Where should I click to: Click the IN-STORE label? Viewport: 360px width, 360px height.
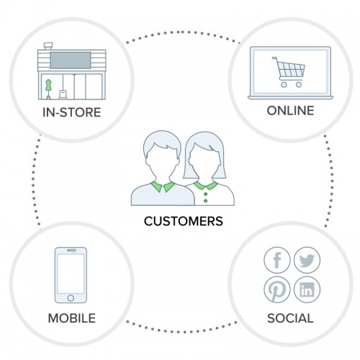click(71, 112)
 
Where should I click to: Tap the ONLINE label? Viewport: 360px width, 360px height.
click(290, 111)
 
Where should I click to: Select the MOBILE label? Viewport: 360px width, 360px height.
click(72, 318)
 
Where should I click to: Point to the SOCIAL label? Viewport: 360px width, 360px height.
click(290, 318)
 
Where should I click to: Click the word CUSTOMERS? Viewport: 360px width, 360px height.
click(184, 221)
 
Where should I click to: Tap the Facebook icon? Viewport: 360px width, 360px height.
click(277, 260)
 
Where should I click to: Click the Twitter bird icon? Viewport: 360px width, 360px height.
click(307, 260)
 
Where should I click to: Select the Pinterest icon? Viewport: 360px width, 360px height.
click(277, 289)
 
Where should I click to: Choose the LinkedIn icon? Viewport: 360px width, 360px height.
click(307, 289)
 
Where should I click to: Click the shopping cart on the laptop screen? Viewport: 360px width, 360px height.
click(289, 72)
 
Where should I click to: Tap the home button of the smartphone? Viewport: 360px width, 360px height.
click(71, 298)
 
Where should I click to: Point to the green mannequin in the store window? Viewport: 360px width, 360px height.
click(49, 89)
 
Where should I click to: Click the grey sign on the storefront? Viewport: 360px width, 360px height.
click(71, 60)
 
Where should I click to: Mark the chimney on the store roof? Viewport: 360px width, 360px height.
click(48, 46)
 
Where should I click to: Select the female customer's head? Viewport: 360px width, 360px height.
click(204, 157)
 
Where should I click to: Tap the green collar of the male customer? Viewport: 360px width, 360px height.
click(163, 186)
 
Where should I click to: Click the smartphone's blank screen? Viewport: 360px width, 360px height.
click(71, 274)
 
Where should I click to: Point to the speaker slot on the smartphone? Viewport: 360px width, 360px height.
click(71, 251)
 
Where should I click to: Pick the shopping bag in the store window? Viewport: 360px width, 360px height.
click(63, 94)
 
